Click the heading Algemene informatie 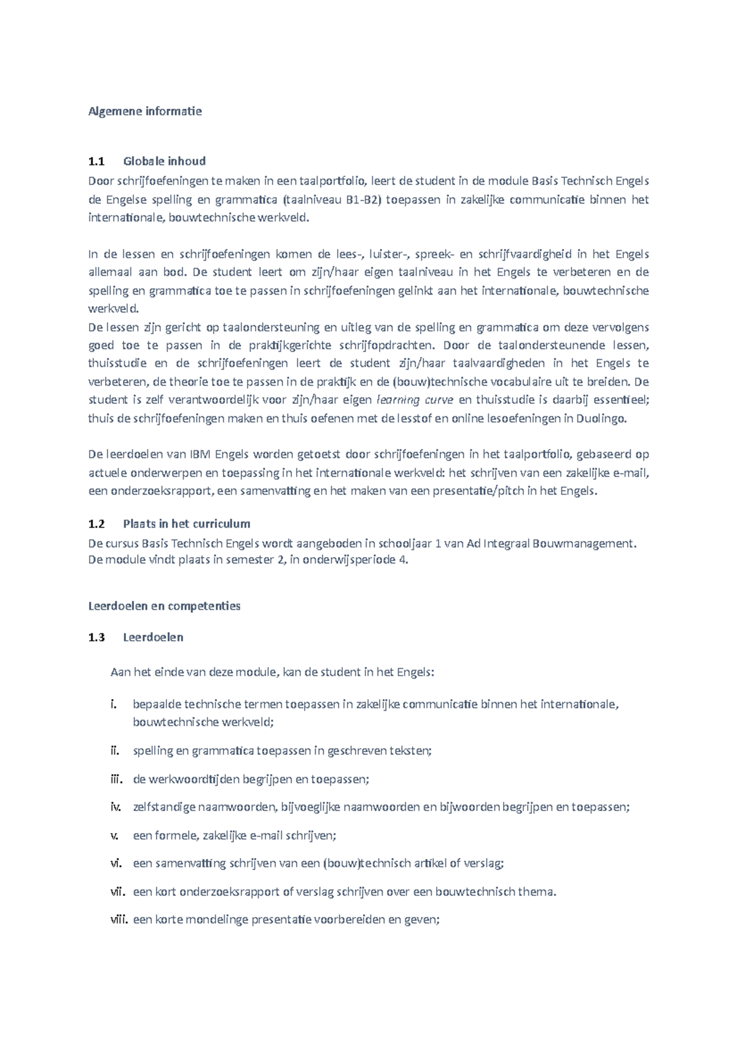point(145,111)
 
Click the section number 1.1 point(96,161)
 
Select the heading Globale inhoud point(164,161)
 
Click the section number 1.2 point(96,524)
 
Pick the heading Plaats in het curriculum point(186,524)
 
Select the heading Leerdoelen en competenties point(164,606)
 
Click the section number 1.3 point(96,637)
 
